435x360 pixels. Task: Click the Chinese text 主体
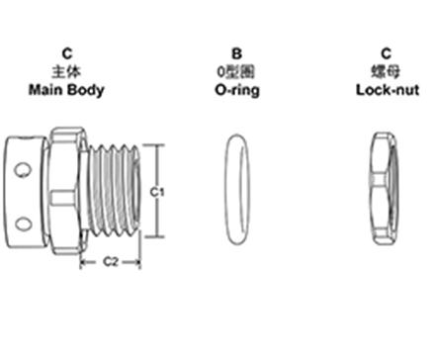pyautogui.click(x=66, y=72)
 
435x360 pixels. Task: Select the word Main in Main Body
pyautogui.click(x=48, y=89)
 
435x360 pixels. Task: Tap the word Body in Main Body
pyautogui.click(x=86, y=89)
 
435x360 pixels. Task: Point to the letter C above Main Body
pyautogui.click(x=66, y=55)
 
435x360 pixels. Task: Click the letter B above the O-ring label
pyautogui.click(x=237, y=55)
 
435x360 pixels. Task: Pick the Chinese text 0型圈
pyautogui.click(x=237, y=72)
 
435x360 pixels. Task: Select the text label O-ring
pyautogui.click(x=237, y=89)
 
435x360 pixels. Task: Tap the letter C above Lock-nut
pyautogui.click(x=386, y=55)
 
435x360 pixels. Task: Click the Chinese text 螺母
pyautogui.click(x=386, y=72)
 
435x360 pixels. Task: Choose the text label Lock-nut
pyautogui.click(x=386, y=89)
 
